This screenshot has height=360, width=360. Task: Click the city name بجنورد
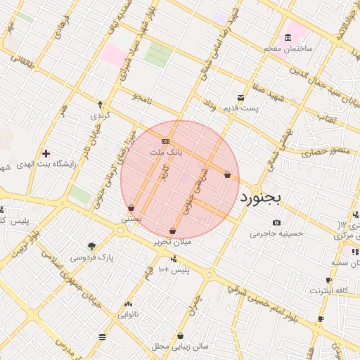(260, 198)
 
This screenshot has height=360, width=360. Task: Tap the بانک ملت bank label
(165, 152)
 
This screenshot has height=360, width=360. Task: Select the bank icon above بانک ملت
(165, 141)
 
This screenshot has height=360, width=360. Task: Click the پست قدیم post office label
(242, 108)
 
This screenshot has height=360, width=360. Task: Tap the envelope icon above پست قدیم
(241, 98)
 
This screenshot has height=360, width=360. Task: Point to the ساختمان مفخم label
(288, 48)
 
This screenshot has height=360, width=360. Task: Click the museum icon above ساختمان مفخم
(288, 37)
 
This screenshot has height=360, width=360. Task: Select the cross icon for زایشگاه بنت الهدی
(46, 153)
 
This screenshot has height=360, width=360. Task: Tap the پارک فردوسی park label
(92, 257)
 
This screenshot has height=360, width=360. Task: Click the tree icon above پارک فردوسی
(91, 246)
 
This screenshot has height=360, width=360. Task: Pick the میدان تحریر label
(173, 242)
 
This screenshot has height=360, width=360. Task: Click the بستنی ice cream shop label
(131, 219)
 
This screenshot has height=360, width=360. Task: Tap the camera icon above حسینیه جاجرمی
(276, 223)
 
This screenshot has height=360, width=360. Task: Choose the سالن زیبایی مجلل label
(181, 347)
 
